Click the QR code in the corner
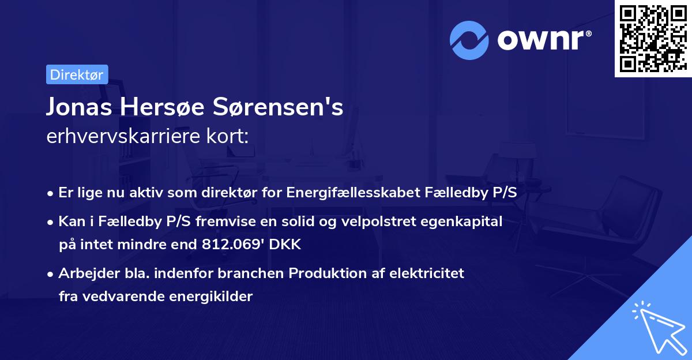click(653, 39)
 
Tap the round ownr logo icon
click(470, 40)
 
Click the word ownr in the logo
click(544, 40)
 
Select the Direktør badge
click(77, 74)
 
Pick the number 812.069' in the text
click(222, 245)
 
